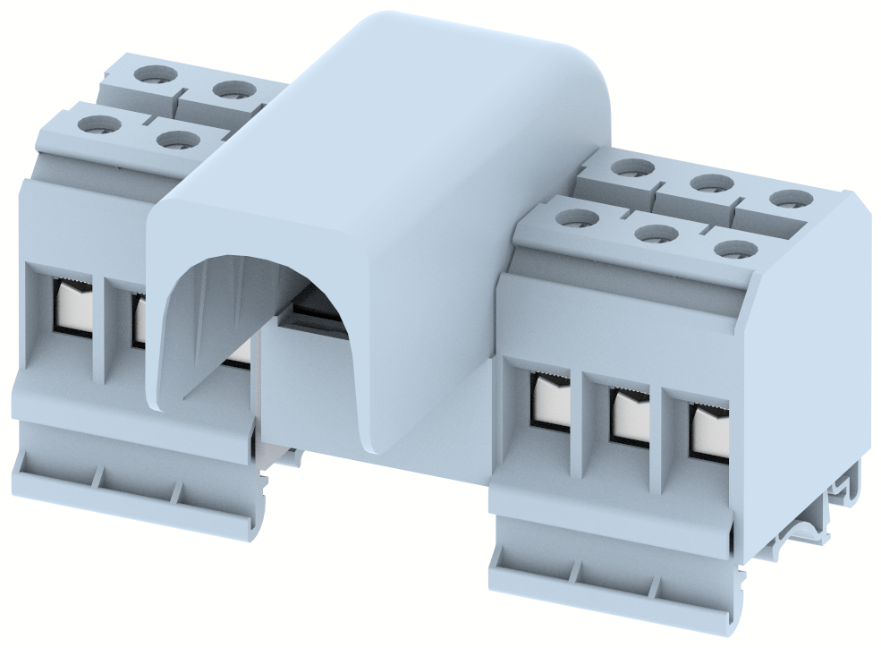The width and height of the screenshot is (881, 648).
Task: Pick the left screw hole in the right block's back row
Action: [x=632, y=167]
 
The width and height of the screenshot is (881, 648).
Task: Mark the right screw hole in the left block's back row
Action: [x=234, y=90]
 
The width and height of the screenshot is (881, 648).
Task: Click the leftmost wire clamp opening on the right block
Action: [x=551, y=397]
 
